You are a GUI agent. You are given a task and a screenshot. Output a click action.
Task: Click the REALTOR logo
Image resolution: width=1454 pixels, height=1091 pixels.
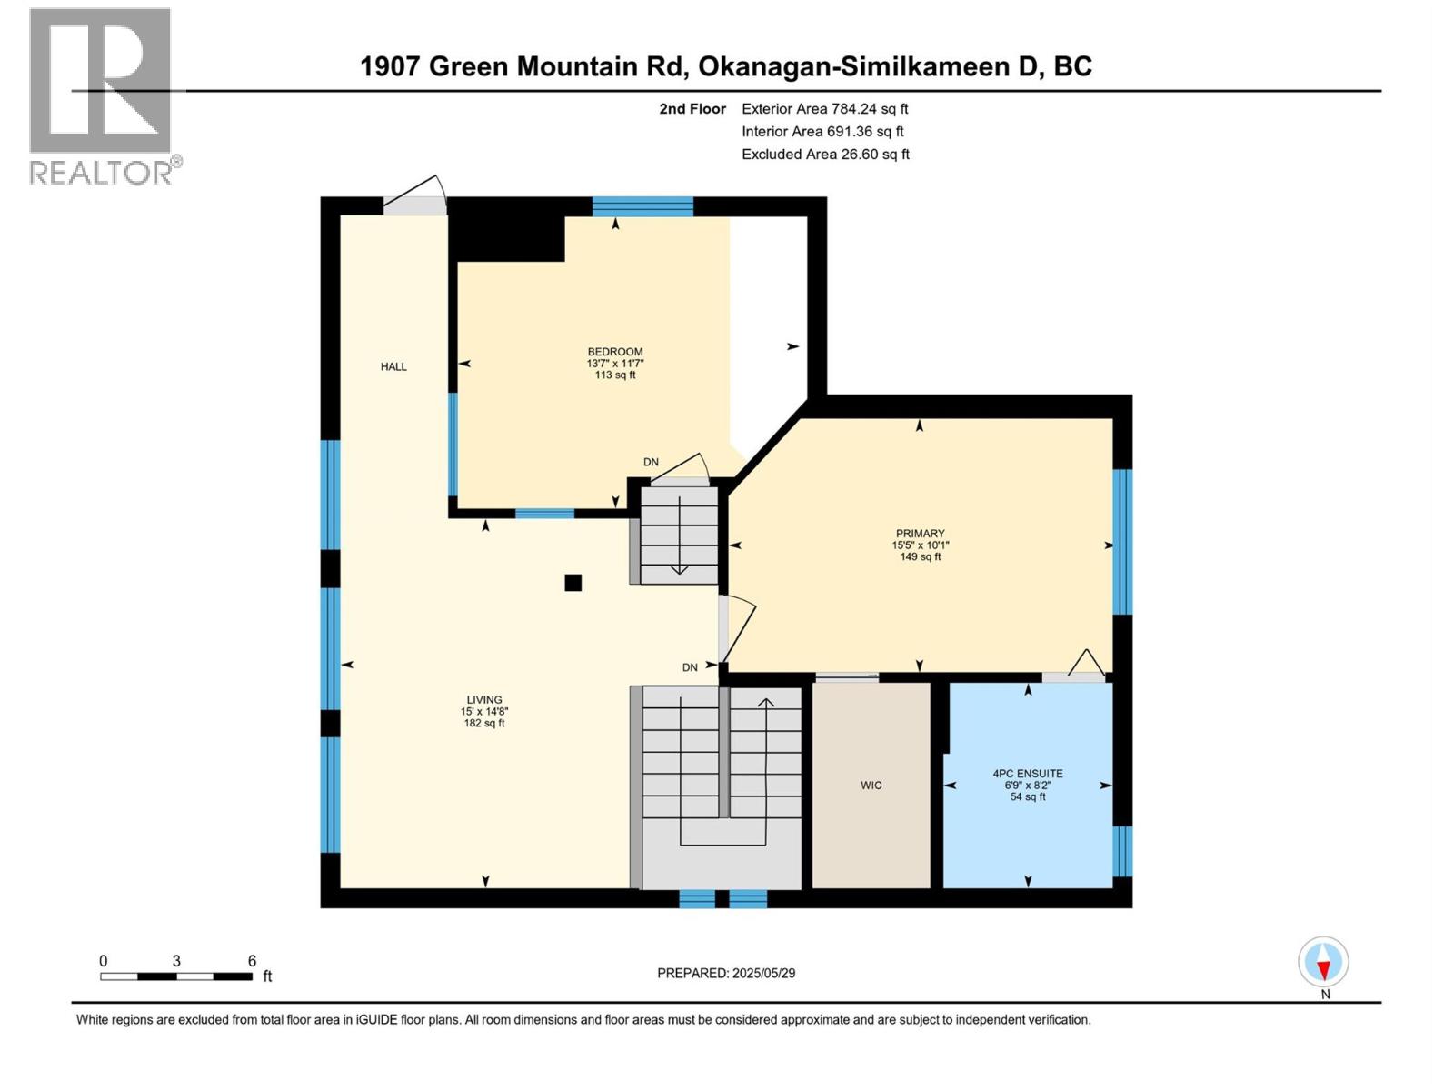(x=101, y=95)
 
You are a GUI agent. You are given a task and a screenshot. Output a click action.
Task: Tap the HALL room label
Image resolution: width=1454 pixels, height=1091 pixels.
(x=393, y=367)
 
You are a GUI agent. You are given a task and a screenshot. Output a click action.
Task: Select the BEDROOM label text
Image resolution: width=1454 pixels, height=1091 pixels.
(x=615, y=352)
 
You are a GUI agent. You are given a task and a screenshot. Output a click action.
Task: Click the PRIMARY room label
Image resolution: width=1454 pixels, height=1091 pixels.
(x=920, y=534)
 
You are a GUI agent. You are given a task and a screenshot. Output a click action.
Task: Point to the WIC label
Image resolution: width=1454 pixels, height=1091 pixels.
(x=871, y=786)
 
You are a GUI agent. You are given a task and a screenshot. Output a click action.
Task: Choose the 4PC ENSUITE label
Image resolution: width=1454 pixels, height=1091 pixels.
(x=1028, y=774)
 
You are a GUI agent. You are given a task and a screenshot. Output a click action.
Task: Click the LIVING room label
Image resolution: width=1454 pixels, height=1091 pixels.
(x=483, y=700)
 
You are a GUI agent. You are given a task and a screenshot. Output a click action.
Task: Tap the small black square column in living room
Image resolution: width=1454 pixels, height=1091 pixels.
(x=573, y=583)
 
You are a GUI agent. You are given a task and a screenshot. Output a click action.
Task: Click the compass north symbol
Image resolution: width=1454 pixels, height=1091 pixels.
(x=1323, y=963)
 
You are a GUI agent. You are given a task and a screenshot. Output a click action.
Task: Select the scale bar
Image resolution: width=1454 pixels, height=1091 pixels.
(x=176, y=976)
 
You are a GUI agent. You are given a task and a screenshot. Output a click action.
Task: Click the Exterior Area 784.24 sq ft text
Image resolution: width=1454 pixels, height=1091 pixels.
(x=824, y=109)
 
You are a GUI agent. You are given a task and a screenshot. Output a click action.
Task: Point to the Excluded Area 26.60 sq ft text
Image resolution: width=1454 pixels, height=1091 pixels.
(x=824, y=155)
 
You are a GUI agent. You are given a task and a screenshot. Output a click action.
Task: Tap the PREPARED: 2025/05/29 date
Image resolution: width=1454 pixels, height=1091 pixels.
(x=726, y=973)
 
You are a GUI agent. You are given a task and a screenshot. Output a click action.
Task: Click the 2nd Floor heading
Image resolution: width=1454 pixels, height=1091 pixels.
(x=692, y=109)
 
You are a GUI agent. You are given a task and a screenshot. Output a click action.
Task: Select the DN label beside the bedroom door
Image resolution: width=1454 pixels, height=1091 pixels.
(x=651, y=462)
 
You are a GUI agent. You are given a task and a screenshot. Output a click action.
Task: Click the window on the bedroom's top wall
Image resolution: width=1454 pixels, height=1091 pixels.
(x=642, y=206)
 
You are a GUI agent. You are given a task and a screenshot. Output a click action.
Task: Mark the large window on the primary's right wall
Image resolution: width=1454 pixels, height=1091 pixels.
(x=1123, y=542)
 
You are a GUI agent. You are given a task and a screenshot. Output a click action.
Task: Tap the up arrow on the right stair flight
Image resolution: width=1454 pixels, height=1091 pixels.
(x=766, y=703)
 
